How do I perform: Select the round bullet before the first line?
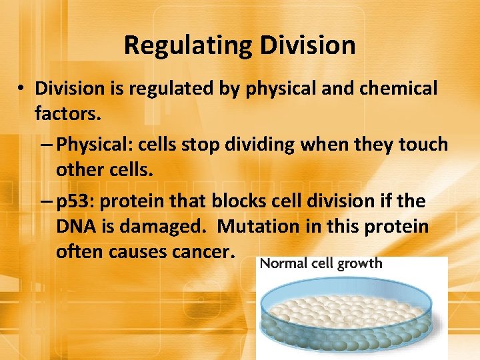click(x=21, y=89)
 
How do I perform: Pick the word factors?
click(x=67, y=114)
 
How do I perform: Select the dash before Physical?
click(x=49, y=145)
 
